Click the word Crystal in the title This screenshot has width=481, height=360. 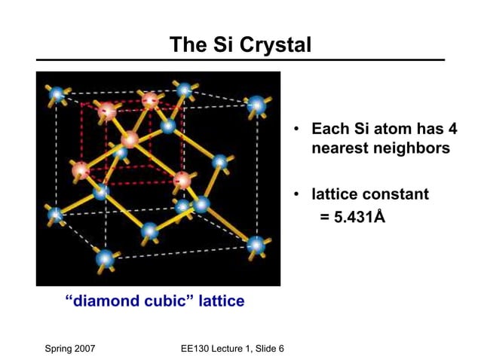pos(275,44)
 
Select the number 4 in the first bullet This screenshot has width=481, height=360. pos(452,129)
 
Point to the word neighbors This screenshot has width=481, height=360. pos(413,148)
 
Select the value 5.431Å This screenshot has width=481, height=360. pos(352,217)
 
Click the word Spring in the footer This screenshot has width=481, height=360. pos(63,348)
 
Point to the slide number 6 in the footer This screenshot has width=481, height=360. pos(280,348)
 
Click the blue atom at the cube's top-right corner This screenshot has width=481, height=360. pos(257,105)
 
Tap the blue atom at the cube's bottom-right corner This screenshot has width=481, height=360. pos(256,245)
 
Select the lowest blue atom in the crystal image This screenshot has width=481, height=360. pos(105,259)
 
